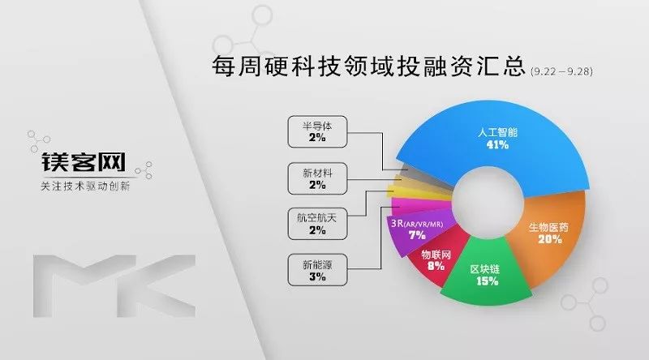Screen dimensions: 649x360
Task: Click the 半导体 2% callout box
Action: coord(317,132)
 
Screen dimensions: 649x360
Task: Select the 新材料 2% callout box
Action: coord(317,178)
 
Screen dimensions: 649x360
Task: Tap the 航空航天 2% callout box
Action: coord(317,224)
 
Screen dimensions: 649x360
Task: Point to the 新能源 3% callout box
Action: coord(317,270)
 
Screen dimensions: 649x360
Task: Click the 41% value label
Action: coord(497,145)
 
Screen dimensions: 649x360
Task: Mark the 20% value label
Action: coord(550,239)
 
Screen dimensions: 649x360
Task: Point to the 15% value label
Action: coord(488,281)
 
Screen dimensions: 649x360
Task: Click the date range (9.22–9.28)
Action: coord(561,71)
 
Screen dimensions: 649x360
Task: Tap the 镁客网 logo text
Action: coord(84,162)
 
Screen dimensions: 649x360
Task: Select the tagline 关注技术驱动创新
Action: coord(85,186)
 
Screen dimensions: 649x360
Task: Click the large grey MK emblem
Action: coord(114,286)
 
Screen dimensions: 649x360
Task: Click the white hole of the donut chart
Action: coord(488,202)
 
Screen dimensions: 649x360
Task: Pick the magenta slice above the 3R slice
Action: coord(420,205)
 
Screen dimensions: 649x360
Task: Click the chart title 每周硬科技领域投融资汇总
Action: coord(368,66)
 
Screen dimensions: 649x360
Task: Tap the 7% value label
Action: coord(417,235)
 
